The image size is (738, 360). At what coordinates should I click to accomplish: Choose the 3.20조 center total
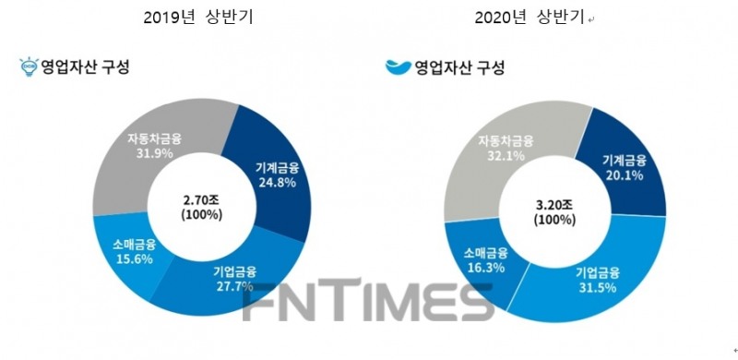554,207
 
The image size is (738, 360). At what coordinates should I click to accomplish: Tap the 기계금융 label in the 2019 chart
274,168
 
